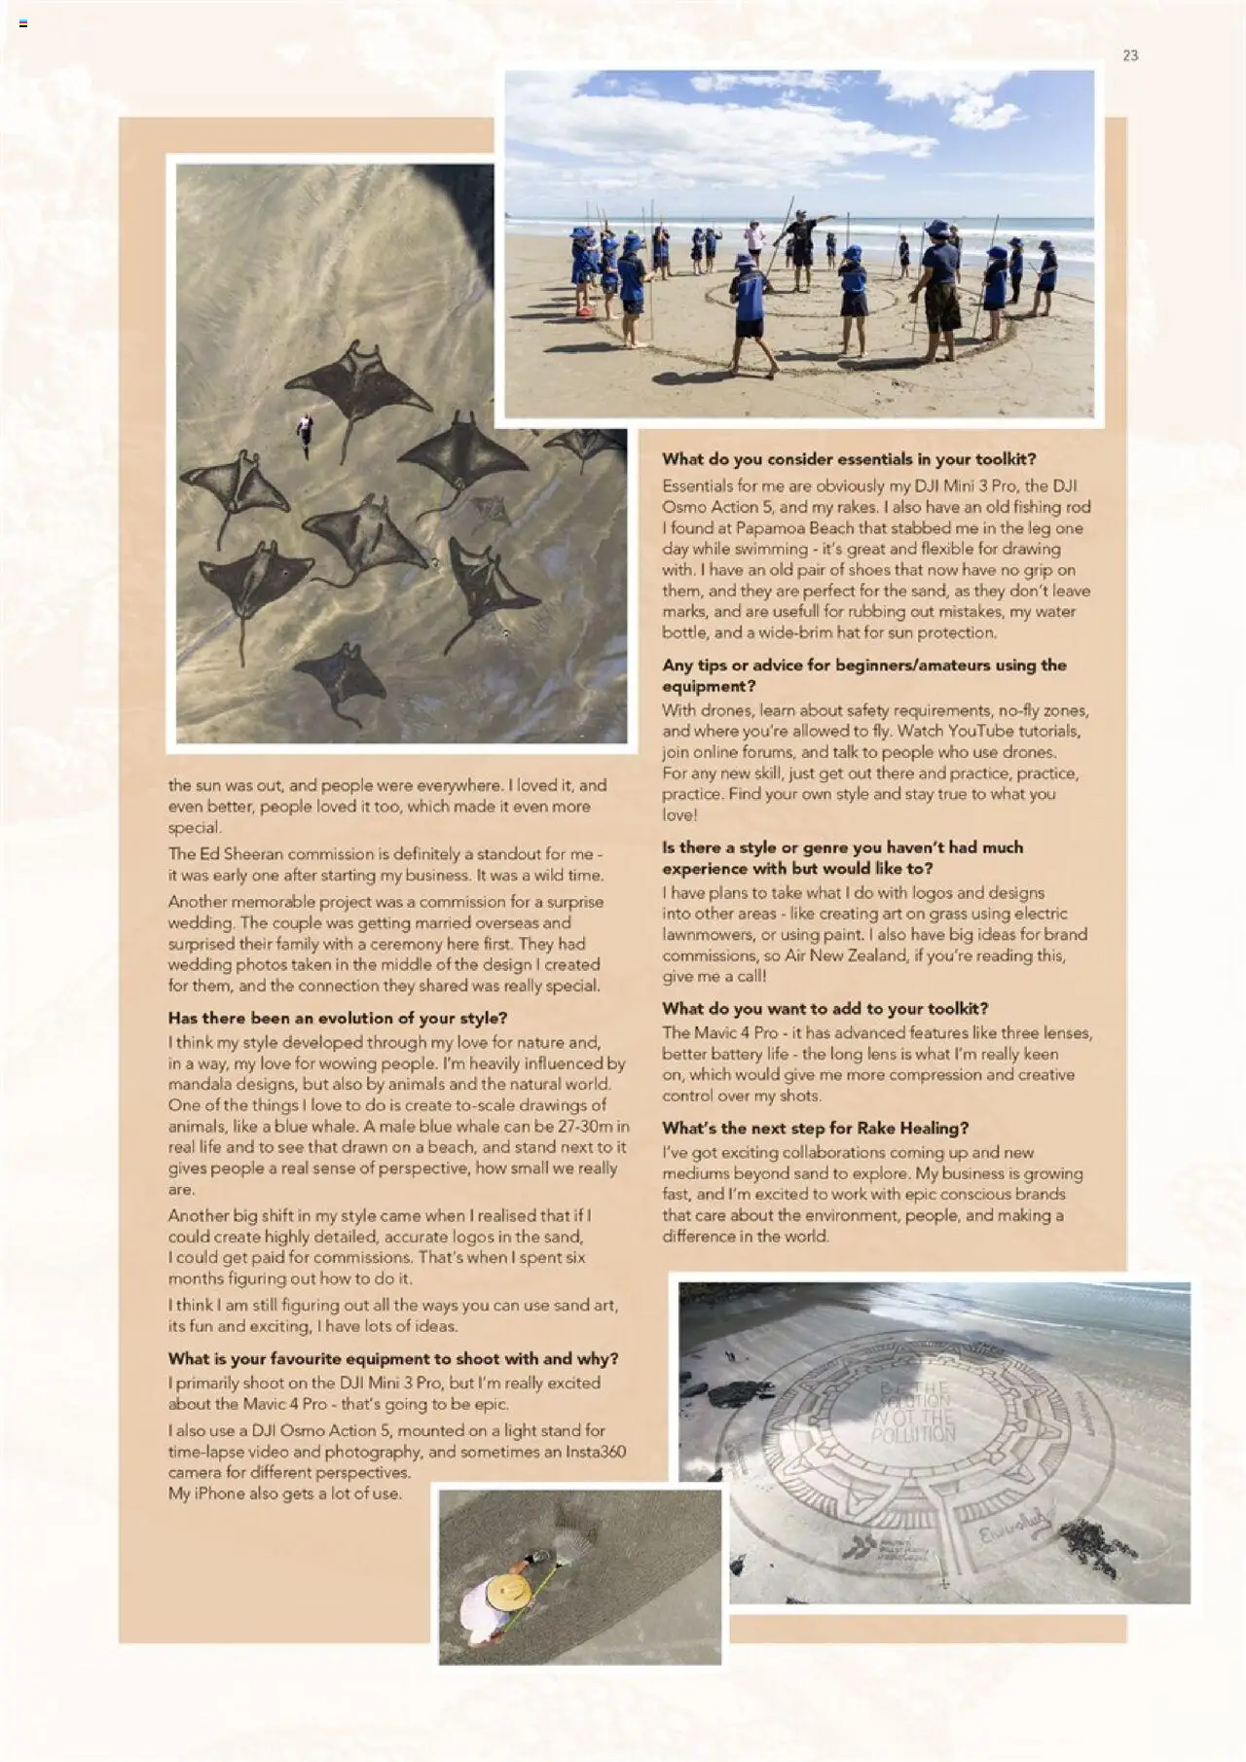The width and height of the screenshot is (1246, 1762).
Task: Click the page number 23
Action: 1130,55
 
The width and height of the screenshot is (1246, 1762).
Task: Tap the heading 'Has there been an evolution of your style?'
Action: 337,1018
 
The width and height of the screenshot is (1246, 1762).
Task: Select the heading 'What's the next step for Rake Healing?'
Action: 815,1128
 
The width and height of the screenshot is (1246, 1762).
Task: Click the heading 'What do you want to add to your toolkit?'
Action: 825,1008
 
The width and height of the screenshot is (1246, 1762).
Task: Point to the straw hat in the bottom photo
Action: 508,1592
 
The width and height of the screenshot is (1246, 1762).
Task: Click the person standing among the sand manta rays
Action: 306,432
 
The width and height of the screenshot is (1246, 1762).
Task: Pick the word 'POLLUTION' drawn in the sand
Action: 913,1433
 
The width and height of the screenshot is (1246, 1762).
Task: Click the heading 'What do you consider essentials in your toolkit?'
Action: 849,459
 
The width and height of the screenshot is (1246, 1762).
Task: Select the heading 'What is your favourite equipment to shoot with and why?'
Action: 392,1358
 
